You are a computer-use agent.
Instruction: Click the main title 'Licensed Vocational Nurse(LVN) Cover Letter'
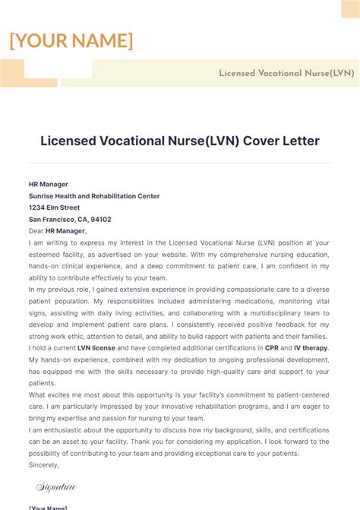(x=179, y=141)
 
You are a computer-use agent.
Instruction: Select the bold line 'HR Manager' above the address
(x=49, y=184)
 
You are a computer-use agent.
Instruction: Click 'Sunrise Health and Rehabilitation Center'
(x=94, y=196)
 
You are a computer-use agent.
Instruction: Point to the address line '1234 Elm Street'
(x=54, y=207)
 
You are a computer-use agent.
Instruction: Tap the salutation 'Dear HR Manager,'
(x=58, y=231)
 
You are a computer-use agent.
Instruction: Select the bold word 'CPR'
(x=271, y=348)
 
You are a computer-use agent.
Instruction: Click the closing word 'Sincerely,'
(x=44, y=464)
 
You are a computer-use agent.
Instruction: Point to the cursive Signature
(x=56, y=487)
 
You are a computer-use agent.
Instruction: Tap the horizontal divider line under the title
(x=179, y=163)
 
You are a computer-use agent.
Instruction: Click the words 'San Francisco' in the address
(x=52, y=220)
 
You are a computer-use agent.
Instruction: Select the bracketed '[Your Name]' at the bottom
(x=48, y=507)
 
